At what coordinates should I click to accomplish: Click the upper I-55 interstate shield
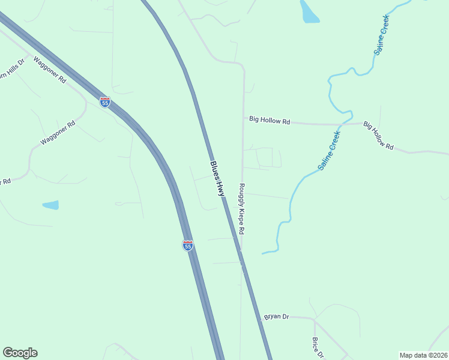(x=105, y=102)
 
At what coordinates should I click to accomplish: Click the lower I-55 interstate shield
(x=188, y=245)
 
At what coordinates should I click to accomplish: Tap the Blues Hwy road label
(x=217, y=179)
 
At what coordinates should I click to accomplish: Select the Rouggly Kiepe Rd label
(x=242, y=209)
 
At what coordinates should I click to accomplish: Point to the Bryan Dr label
(x=276, y=316)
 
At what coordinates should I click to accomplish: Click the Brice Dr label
(x=316, y=347)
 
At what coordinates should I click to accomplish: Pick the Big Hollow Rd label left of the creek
(x=270, y=121)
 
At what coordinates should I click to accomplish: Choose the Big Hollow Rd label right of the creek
(x=378, y=137)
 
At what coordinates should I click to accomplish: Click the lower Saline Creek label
(x=329, y=151)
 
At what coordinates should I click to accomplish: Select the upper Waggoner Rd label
(x=50, y=70)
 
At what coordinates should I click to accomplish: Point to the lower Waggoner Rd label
(x=58, y=133)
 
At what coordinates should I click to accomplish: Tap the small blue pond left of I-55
(x=51, y=205)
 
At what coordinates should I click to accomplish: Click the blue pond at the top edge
(x=309, y=11)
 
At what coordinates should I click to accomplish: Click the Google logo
(x=20, y=353)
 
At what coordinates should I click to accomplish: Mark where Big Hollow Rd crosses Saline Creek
(x=340, y=124)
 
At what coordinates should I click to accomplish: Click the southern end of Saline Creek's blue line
(x=263, y=253)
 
